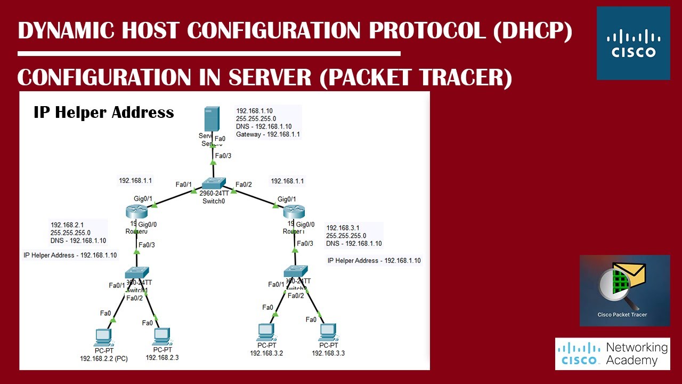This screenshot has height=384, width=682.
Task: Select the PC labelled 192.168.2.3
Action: [161, 337]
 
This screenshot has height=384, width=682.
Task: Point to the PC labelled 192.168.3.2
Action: [265, 332]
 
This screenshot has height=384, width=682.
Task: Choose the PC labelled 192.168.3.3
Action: [328, 332]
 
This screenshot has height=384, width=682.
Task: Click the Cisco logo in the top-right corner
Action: [633, 43]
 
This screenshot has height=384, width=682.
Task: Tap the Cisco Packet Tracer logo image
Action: [624, 290]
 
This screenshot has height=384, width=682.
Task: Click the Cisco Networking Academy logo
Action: [612, 354]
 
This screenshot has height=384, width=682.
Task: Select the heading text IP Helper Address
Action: [104, 113]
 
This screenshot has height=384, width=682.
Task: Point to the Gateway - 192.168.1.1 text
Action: [268, 134]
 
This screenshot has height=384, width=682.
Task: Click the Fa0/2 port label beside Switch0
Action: [243, 185]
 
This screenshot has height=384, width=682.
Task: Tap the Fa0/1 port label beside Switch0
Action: [184, 185]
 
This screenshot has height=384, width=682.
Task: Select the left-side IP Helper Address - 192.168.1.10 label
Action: [70, 255]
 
